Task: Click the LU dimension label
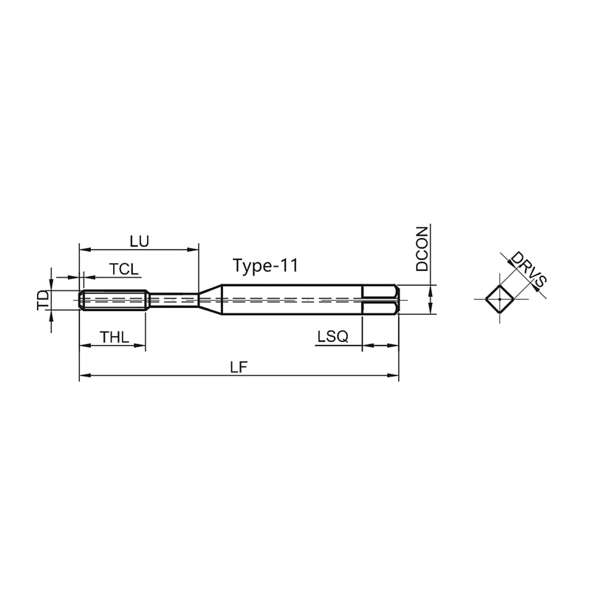pyautogui.click(x=140, y=242)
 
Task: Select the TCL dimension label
pyautogui.click(x=123, y=270)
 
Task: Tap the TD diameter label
pyautogui.click(x=44, y=300)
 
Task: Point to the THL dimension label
pyautogui.click(x=115, y=337)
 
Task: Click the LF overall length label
pyautogui.click(x=239, y=367)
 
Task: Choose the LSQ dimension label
pyautogui.click(x=332, y=336)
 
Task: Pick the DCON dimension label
pyautogui.click(x=422, y=249)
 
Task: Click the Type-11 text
pyautogui.click(x=265, y=266)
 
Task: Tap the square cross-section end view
pyautogui.click(x=499, y=299)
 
